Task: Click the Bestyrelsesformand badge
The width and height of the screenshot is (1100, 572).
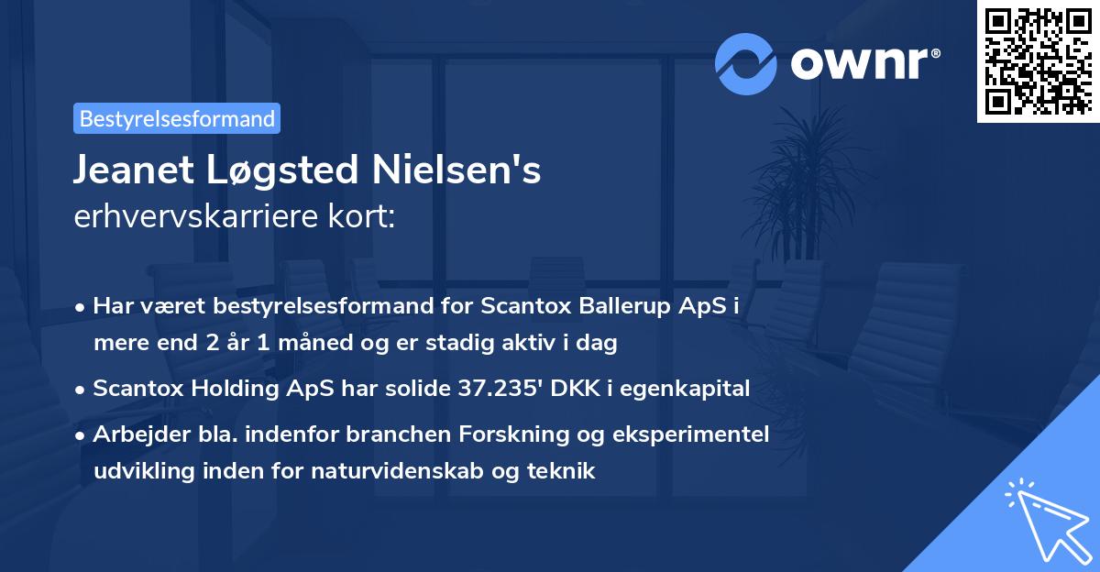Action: (176, 118)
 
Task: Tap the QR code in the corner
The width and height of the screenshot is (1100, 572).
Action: (1038, 61)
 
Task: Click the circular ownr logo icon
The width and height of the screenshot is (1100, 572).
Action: (745, 63)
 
